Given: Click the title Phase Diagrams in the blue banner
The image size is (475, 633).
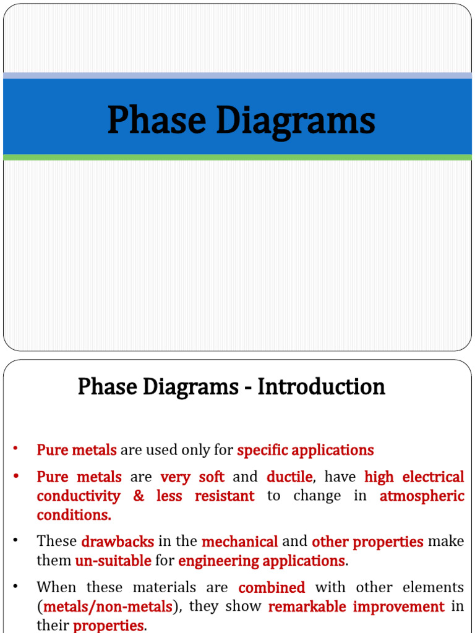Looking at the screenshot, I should pyautogui.click(x=241, y=121).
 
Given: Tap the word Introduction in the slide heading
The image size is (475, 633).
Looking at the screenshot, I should pyautogui.click(x=321, y=387).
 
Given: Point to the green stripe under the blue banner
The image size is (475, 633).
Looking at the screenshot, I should pyautogui.click(x=237, y=158).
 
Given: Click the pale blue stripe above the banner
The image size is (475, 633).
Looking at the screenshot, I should pyautogui.click(x=237, y=75).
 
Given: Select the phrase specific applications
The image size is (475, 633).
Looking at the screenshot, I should pyautogui.click(x=306, y=450).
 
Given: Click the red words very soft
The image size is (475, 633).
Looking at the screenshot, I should pyautogui.click(x=192, y=477).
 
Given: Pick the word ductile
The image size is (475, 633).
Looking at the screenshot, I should pyautogui.click(x=289, y=477).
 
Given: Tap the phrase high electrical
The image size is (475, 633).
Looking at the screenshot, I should pyautogui.click(x=414, y=477).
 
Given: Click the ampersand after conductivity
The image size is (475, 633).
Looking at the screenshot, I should pyautogui.click(x=139, y=496).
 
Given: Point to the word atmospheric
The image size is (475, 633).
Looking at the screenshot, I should pyautogui.click(x=422, y=496).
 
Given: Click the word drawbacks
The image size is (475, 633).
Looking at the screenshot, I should pyautogui.click(x=118, y=542).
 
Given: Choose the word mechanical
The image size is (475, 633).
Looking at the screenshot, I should pyautogui.click(x=239, y=542).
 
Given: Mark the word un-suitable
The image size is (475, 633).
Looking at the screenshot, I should pyautogui.click(x=113, y=561).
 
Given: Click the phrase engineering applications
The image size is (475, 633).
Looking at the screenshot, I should pyautogui.click(x=262, y=561).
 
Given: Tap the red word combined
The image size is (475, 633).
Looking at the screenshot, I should pyautogui.click(x=272, y=587).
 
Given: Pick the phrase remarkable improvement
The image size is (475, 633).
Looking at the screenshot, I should pyautogui.click(x=356, y=607).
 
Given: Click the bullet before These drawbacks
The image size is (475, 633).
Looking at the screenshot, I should pyautogui.click(x=15, y=541).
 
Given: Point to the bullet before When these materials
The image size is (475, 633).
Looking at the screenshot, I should pyautogui.click(x=15, y=586).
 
